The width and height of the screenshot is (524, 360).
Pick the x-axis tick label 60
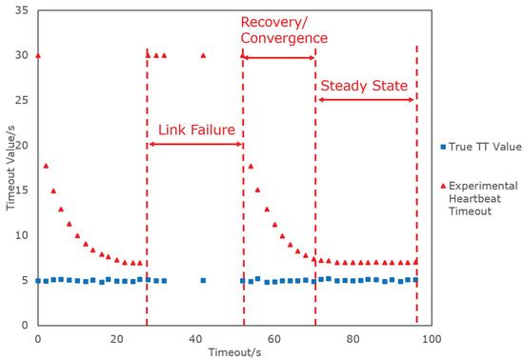274,338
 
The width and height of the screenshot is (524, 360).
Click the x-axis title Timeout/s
234,351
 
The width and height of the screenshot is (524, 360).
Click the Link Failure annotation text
195,130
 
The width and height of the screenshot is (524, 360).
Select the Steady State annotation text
365,86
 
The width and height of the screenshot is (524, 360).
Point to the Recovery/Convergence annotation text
284,30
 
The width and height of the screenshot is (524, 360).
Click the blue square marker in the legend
444,147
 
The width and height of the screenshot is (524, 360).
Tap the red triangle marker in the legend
444,185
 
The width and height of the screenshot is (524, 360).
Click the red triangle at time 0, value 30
38,55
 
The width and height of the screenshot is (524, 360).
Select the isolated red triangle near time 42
203,55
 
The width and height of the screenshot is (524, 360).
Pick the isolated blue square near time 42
203,280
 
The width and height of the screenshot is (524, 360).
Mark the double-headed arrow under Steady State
365,99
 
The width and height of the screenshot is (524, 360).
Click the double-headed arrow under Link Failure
195,144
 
